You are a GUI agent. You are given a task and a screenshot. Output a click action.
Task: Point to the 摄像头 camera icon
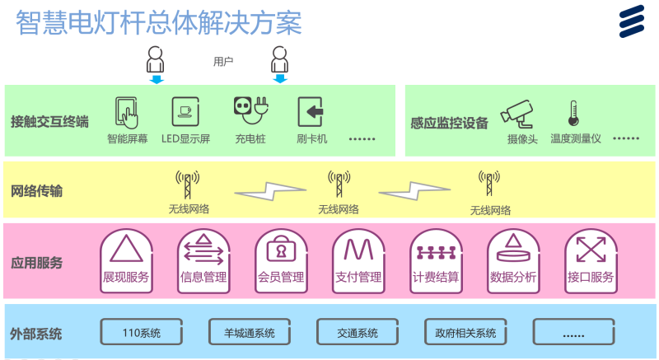(x=519, y=114)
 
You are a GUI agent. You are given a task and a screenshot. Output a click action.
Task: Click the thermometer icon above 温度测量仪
(x=573, y=114)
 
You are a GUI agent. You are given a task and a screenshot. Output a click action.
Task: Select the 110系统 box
(x=141, y=333)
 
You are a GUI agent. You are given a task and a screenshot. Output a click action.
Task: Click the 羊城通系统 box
(x=250, y=333)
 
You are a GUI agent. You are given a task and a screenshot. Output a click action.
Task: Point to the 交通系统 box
(x=358, y=333)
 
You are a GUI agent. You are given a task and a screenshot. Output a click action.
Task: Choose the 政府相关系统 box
(x=465, y=333)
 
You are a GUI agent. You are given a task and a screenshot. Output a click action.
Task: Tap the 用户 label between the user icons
(x=223, y=61)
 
